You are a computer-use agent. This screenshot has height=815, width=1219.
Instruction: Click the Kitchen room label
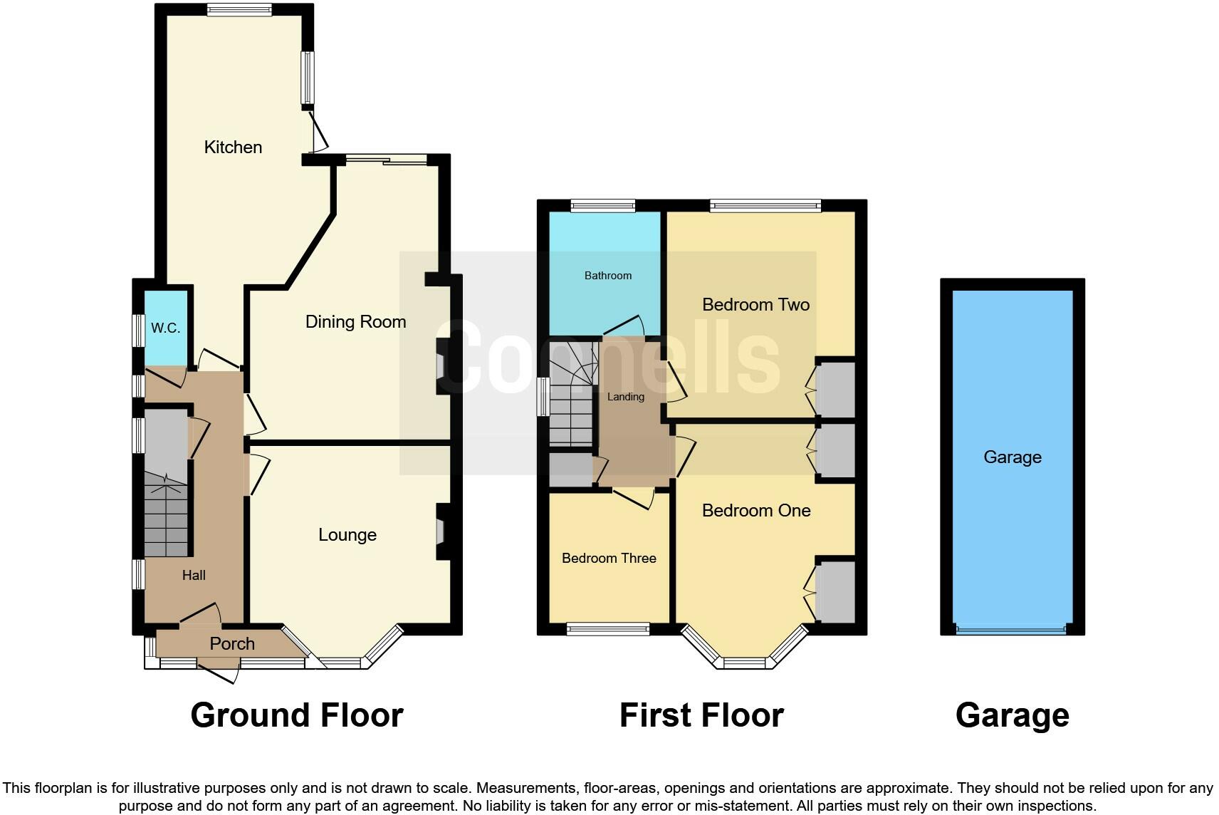pos(233,147)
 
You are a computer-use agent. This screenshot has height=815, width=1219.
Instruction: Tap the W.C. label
pos(165,328)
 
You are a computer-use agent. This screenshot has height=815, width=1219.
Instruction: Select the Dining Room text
pos(355,322)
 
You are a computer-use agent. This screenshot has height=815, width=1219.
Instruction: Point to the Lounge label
pos(347,535)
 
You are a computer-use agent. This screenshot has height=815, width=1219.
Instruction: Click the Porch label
pos(232,644)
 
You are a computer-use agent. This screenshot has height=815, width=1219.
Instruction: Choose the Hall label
pos(194,576)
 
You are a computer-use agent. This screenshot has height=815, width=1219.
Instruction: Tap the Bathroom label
pos(607,276)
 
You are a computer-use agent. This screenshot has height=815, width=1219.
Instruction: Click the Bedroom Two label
pos(755,305)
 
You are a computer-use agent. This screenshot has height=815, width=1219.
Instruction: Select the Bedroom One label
pos(755,511)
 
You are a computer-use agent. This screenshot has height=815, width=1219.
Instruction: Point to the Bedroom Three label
pos(609,559)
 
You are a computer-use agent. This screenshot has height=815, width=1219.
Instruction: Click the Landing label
pos(625,397)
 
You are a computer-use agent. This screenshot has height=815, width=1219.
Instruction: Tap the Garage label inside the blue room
pos(1012,457)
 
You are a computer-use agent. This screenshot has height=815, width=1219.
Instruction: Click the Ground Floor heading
pos(296,715)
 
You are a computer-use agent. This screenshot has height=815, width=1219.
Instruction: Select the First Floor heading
pos(701,715)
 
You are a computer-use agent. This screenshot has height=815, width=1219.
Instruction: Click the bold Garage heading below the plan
pos(1012,715)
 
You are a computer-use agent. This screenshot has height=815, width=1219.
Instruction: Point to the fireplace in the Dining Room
pos(441,365)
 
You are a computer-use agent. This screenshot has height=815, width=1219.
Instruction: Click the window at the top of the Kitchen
pos(239,9)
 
